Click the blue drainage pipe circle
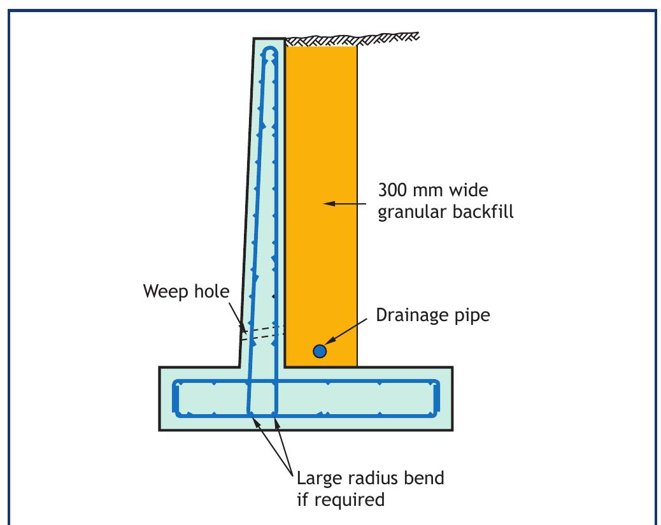[320, 350]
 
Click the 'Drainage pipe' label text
[433, 315]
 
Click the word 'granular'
[409, 212]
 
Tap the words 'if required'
[341, 499]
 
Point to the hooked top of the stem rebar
[271, 52]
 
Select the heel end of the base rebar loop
[439, 399]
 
